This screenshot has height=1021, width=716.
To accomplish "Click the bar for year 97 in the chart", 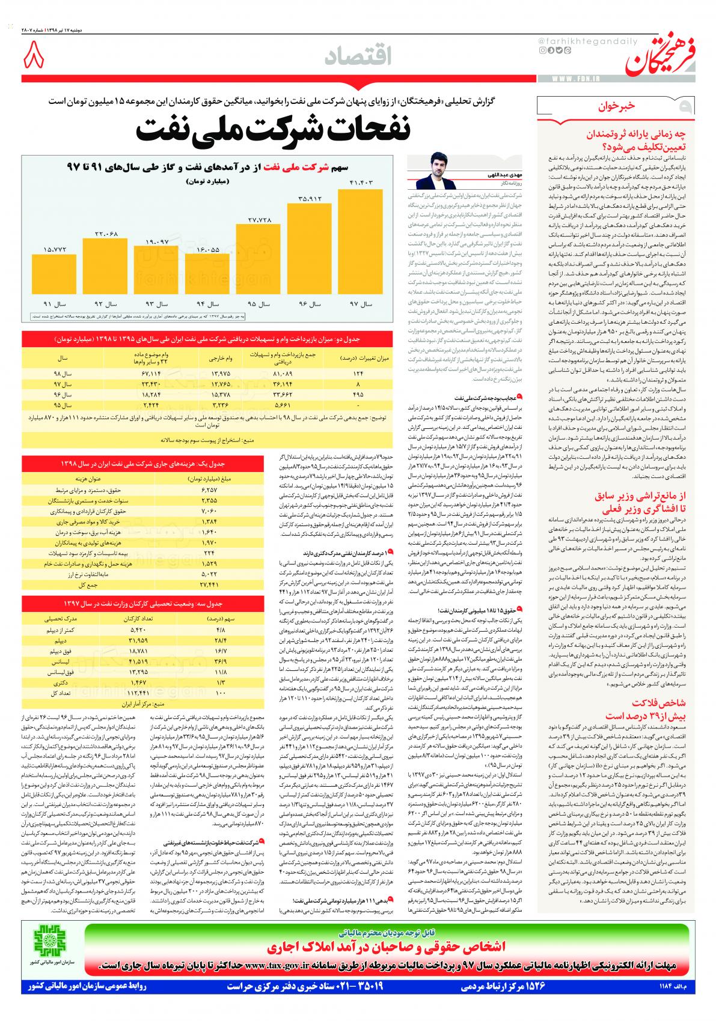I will pos(361,241).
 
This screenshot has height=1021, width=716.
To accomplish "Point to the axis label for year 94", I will pos(207,304).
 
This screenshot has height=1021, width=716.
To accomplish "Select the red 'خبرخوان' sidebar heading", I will pos(616,107).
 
